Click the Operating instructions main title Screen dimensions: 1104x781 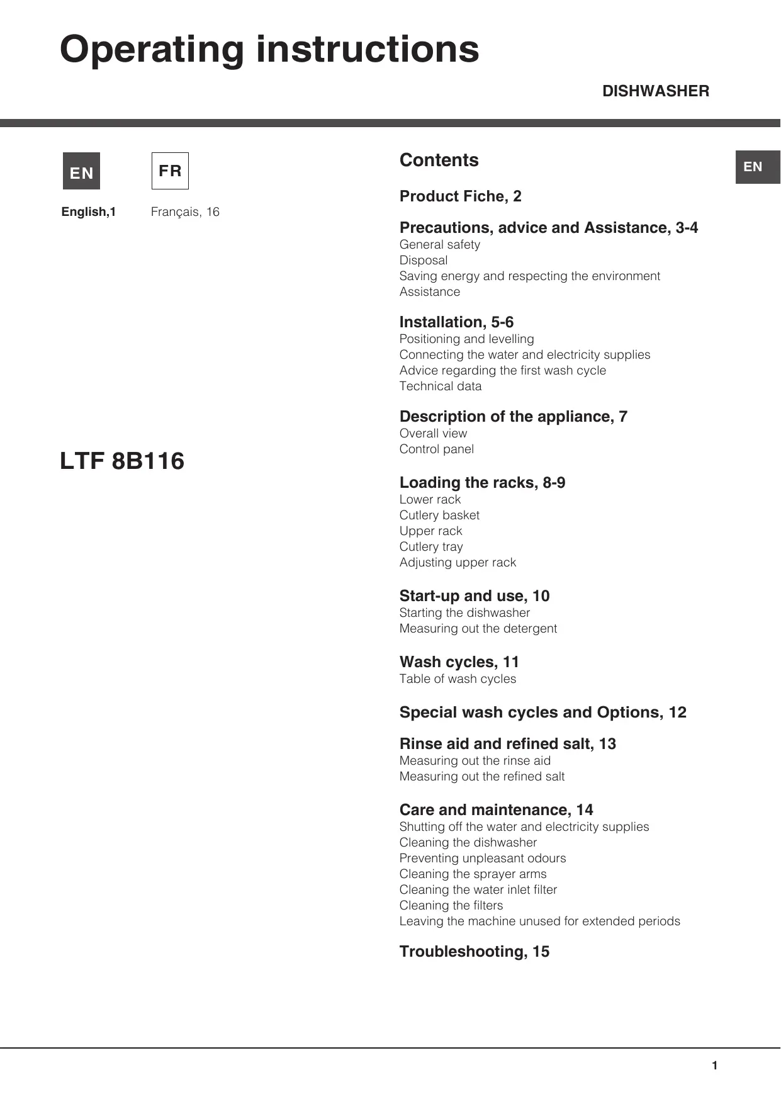coord(269,49)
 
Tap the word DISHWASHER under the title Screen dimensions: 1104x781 coord(655,91)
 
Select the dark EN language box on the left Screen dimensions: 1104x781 coord(81,171)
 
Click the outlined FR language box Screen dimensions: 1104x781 coord(170,171)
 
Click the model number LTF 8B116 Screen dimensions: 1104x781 coord(122,461)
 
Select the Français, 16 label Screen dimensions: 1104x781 coord(185,212)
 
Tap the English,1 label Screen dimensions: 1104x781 coord(89,212)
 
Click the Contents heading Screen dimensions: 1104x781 coord(439,160)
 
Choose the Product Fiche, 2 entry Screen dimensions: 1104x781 coord(460,196)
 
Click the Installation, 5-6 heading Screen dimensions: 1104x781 coord(456,322)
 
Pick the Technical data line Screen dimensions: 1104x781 coord(441,386)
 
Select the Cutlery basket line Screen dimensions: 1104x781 coord(439,515)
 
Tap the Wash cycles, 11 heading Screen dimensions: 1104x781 coord(459,662)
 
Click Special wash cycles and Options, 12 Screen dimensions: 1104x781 coord(542,713)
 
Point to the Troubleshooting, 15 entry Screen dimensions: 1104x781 coord(474,952)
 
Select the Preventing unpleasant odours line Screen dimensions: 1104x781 coord(482,859)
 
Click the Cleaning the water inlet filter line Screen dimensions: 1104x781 coord(478,890)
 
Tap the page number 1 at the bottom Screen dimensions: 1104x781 coord(714,1066)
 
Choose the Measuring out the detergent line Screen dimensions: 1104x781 coord(478,629)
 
